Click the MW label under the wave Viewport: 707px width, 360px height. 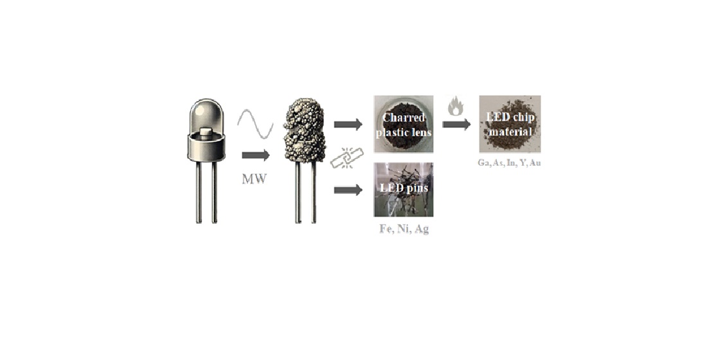tap(255, 179)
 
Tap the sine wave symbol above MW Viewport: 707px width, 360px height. tap(255, 124)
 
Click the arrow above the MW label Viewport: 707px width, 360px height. tap(256, 155)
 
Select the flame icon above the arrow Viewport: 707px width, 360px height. tap(455, 106)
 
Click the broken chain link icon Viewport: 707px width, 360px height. tap(347, 157)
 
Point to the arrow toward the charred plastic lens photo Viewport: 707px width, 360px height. tap(348, 124)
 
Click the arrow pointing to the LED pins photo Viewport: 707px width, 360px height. tap(348, 190)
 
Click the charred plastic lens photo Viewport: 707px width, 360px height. tap(403, 123)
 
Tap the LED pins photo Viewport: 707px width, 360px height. tap(403, 190)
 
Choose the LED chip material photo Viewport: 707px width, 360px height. tap(510, 123)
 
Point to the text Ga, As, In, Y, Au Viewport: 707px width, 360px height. tap(510, 163)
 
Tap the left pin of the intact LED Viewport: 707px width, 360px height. tap(199, 193)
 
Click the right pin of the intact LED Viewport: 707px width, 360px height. tap(214, 193)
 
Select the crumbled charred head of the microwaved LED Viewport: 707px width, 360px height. tap(305, 132)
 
